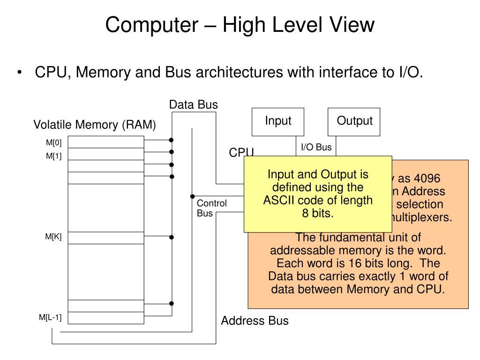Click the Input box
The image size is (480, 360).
(x=278, y=122)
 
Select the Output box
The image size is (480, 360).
(x=354, y=122)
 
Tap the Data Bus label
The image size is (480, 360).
(x=194, y=105)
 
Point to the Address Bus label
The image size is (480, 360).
(x=255, y=321)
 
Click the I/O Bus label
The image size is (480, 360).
(x=316, y=147)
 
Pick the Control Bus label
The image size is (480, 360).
(x=211, y=208)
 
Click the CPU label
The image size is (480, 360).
(x=241, y=153)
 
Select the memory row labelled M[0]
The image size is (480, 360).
(x=106, y=142)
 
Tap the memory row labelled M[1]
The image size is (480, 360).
(x=106, y=154)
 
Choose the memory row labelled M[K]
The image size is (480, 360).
(x=106, y=238)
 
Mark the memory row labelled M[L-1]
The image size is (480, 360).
(x=106, y=318)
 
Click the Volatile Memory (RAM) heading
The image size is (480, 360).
(x=94, y=125)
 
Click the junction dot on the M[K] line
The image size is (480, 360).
(x=172, y=238)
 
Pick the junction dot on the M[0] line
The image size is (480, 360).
(x=172, y=140)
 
